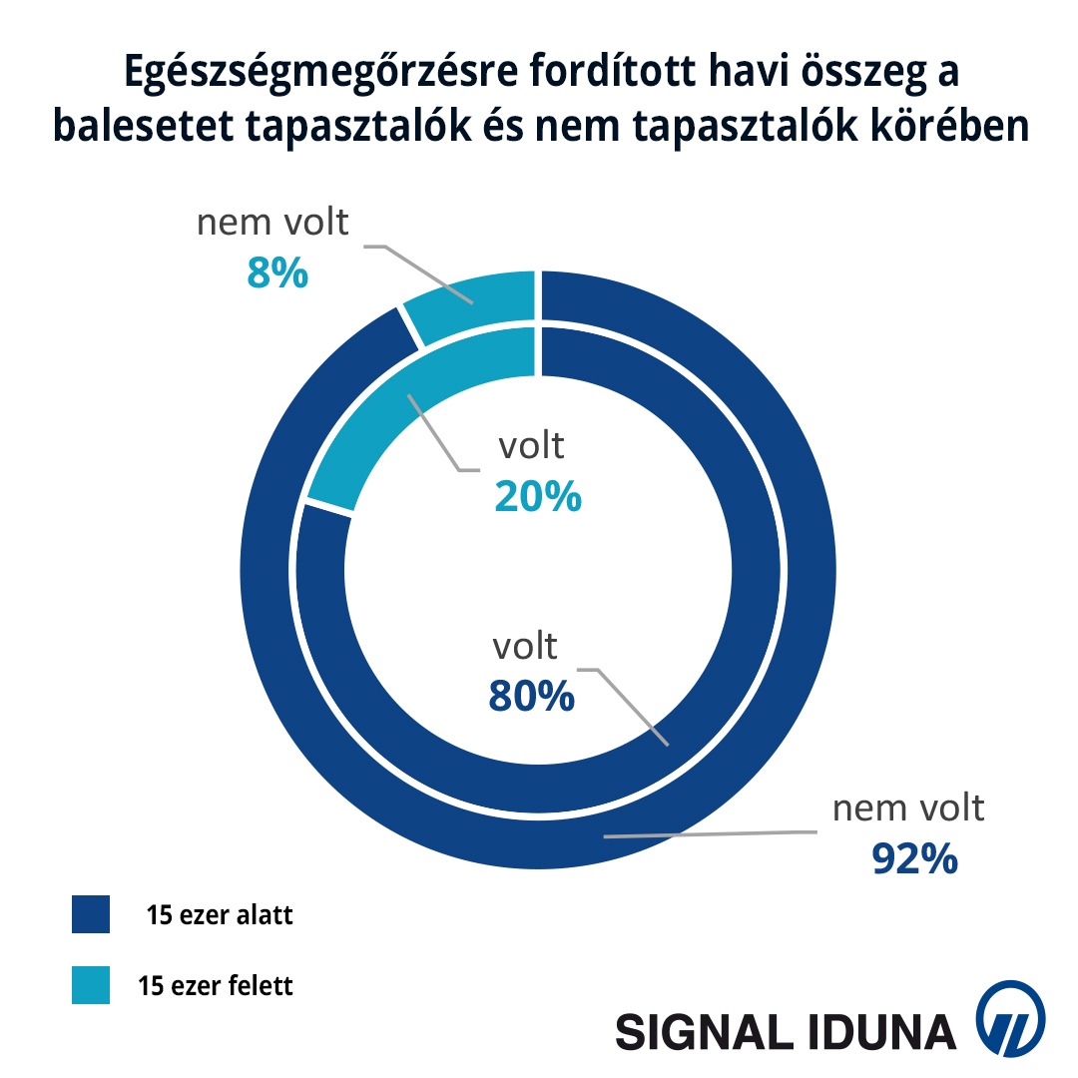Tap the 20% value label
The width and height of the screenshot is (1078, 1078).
click(538, 495)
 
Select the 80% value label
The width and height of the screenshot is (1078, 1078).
click(531, 696)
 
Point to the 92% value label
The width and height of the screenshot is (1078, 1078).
click(915, 857)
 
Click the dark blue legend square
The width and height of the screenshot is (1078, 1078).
click(91, 914)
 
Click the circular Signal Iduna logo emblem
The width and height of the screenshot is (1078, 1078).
click(1010, 1018)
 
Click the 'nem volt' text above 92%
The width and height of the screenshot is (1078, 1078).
click(908, 808)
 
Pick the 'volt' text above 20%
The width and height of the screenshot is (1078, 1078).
click(531, 445)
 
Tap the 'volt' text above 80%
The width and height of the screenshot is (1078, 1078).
click(525, 646)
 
